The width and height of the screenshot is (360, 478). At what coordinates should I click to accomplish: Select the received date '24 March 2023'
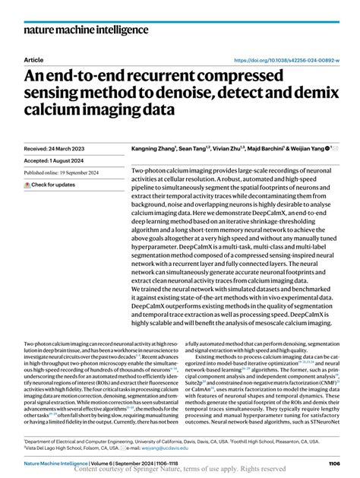[72, 148]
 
